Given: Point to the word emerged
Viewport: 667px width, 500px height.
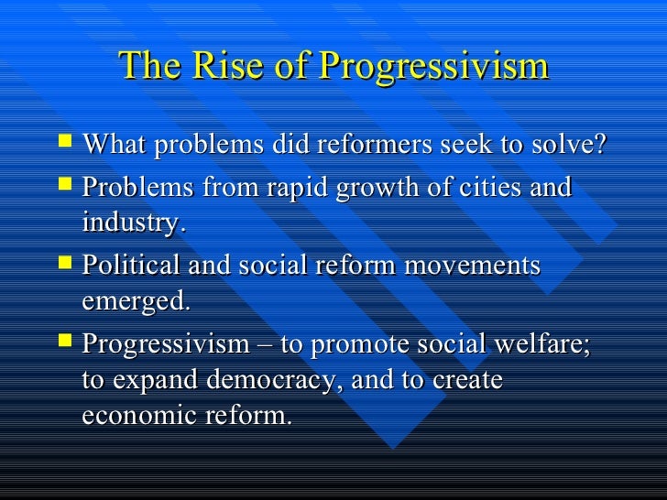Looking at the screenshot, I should [137, 301].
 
